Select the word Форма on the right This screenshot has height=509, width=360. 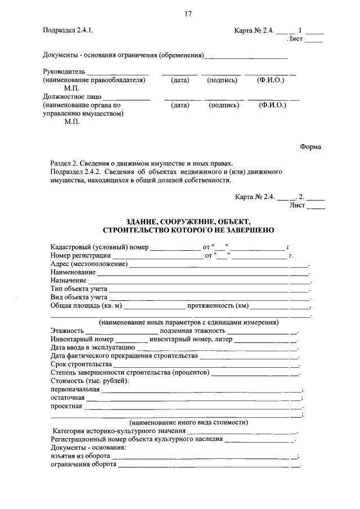[310, 147]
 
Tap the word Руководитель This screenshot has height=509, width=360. [64, 72]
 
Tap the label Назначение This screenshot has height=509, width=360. [68, 280]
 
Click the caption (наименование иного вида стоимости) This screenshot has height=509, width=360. [189, 422]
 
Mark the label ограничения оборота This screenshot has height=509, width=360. [83, 465]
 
